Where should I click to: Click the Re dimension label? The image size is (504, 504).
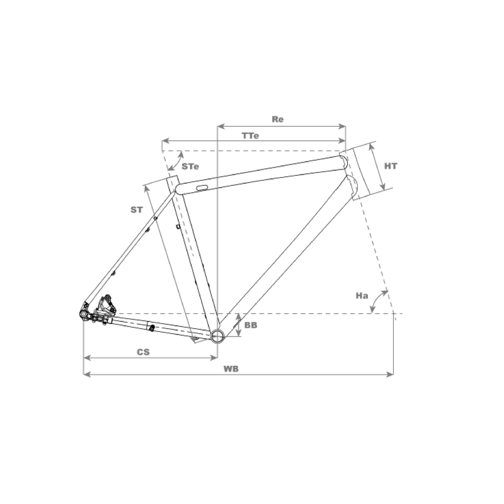(x=278, y=119)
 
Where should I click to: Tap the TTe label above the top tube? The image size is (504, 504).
(x=250, y=135)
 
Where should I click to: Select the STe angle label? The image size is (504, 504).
(x=190, y=166)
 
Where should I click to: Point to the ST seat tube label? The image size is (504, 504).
(x=137, y=210)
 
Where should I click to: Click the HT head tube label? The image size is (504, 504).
(x=391, y=166)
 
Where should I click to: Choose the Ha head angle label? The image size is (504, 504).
(x=362, y=295)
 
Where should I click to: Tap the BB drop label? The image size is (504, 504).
(x=251, y=325)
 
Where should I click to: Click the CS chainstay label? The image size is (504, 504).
(x=144, y=352)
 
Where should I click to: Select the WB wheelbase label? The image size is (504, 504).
(x=231, y=369)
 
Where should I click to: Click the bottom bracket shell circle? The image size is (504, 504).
(x=217, y=336)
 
